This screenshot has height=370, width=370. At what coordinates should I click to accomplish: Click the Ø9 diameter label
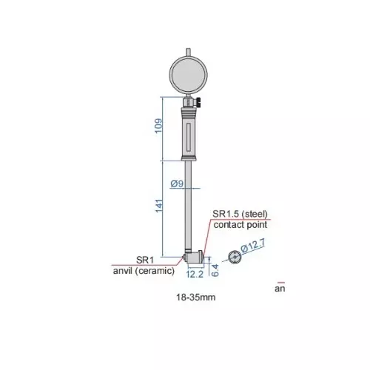pos(177,184)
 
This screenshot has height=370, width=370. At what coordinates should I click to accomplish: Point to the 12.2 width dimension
pos(194,273)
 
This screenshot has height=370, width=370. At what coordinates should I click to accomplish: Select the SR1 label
pos(144,260)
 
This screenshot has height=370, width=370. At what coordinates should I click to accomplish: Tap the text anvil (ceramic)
pos(142,271)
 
